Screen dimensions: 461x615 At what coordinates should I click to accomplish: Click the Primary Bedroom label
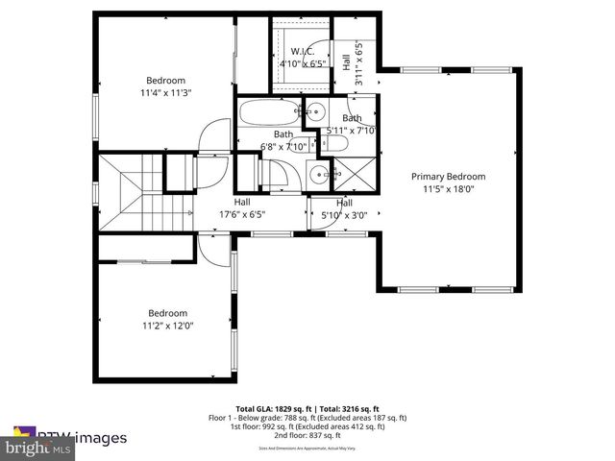tap(448, 177)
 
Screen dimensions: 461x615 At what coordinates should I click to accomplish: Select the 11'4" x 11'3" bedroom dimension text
tap(165, 93)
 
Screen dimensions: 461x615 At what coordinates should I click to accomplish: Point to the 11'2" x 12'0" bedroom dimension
tap(166, 326)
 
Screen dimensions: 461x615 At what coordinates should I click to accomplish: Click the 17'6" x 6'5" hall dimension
tap(241, 215)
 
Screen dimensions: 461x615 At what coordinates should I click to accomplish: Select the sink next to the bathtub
tap(313, 113)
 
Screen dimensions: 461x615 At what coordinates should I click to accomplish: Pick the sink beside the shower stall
tap(318, 176)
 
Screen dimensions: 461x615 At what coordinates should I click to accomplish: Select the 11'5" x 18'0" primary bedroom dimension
tap(448, 190)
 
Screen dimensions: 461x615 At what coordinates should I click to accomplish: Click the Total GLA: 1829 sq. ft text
tap(272, 409)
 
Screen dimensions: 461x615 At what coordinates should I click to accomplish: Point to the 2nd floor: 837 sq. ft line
tap(307, 437)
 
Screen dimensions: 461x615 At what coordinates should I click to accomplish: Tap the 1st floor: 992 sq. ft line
tap(307, 427)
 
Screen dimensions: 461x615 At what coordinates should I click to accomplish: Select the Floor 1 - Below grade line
tap(307, 418)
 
